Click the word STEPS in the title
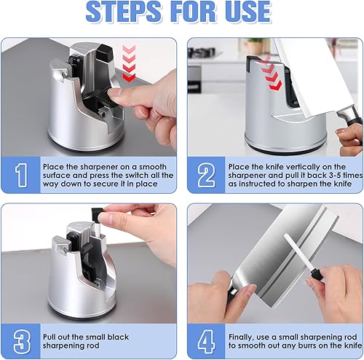click(123, 12)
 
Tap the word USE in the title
click(248, 12)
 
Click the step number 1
click(21, 175)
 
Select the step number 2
click(206, 175)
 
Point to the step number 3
click(22, 342)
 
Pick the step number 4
click(206, 342)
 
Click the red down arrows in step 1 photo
click(129, 63)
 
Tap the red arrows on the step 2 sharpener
click(271, 75)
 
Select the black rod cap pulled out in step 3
click(98, 213)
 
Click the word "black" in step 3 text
click(118, 337)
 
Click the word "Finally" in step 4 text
click(242, 337)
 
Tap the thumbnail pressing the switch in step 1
click(115, 93)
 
